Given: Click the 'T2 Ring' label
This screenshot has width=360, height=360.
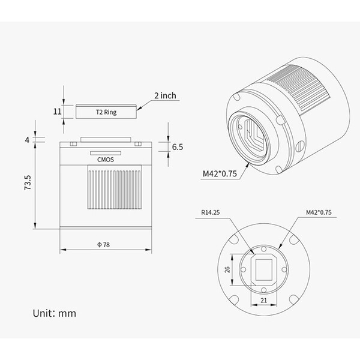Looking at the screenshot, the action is (106, 112).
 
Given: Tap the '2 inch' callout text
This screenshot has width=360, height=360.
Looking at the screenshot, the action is (166, 95).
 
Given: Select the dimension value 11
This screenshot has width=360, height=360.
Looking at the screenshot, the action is (58, 112).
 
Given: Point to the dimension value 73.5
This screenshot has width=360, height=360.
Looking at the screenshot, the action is (28, 182).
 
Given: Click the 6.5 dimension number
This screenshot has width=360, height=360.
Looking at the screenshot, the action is (178, 147).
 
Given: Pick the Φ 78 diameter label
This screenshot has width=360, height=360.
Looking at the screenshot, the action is (104, 245).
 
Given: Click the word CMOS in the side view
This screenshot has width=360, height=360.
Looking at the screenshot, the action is (106, 160).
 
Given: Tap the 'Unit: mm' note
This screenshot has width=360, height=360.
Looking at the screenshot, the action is (55, 313).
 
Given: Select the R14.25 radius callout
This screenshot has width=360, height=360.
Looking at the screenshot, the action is (211, 212).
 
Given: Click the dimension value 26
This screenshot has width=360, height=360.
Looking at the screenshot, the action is (227, 269).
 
